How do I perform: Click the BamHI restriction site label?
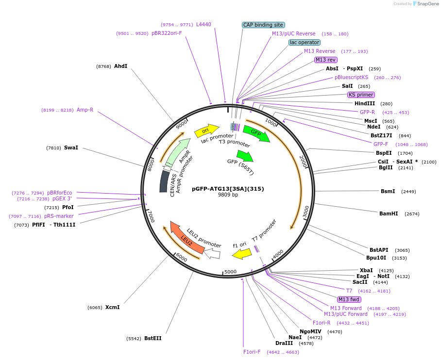coord(389,213)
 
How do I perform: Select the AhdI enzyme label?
coord(120,66)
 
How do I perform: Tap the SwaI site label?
coord(71,147)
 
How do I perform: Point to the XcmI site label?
coord(112,307)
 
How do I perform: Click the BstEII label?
coord(153,338)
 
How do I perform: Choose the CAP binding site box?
coord(263,25)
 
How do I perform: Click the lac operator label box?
coord(304,42)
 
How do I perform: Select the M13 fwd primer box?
coord(349,299)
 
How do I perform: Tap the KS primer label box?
coord(361,95)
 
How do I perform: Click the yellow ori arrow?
coord(206,130)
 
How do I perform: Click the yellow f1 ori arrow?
coord(241,253)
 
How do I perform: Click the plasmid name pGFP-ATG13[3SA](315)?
coord(228,188)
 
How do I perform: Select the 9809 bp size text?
coord(228,195)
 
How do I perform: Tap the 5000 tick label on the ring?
coord(230,272)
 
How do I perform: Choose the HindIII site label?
coord(365,103)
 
